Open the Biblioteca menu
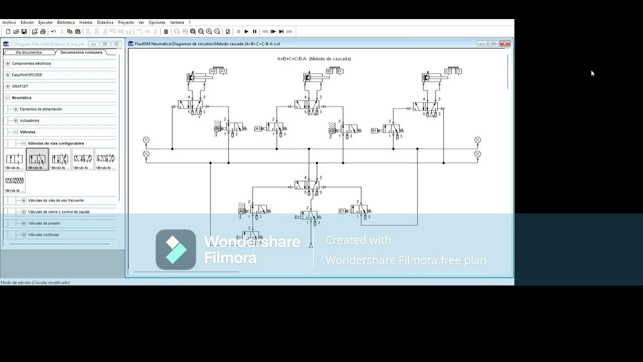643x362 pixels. tap(66, 23)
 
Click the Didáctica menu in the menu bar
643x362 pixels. tap(105, 23)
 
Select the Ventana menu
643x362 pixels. tap(177, 23)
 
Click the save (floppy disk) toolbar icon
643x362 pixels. tap(24, 32)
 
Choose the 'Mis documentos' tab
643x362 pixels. tap(29, 52)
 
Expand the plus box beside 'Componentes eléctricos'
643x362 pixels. tap(8, 64)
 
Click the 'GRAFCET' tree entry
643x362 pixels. tap(20, 86)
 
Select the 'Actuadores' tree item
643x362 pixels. tap(29, 121)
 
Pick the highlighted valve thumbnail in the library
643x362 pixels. tap(37, 159)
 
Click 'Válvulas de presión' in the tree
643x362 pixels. tap(44, 223)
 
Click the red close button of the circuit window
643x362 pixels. tap(505, 44)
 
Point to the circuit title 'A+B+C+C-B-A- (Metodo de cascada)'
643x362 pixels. tap(314, 59)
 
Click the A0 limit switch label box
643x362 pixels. tap(213, 71)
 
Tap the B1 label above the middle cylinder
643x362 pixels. tap(340, 71)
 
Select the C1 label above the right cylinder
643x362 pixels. tap(458, 71)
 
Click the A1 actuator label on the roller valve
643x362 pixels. tap(258, 129)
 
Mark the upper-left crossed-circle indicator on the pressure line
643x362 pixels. tap(146, 140)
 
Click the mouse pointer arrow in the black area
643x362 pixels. tap(592, 73)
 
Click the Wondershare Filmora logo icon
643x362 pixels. tap(176, 249)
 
